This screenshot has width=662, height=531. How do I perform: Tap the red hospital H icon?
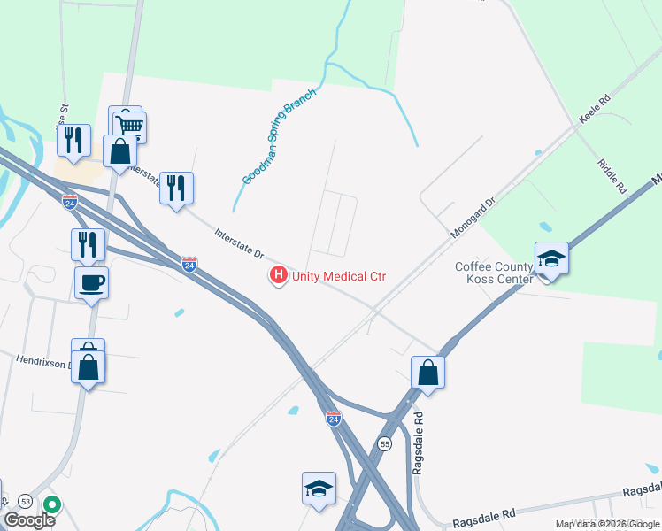[279, 276]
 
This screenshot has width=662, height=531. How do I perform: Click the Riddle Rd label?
[612, 176]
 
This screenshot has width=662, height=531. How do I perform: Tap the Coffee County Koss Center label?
[494, 273]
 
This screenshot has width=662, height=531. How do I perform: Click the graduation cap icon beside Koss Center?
[551, 258]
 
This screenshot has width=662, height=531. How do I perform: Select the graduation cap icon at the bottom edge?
[319, 488]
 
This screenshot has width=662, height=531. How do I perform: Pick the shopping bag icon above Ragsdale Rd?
[428, 373]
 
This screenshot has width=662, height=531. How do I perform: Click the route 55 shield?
[384, 442]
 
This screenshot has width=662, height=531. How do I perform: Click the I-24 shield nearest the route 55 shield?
[333, 418]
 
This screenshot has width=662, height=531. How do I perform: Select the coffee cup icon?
[91, 283]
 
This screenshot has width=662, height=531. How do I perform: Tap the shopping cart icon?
[129, 126]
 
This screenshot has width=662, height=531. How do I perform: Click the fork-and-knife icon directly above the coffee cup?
[88, 244]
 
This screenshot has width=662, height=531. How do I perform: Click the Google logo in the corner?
[28, 520]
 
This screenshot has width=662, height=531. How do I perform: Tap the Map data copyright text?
[607, 524]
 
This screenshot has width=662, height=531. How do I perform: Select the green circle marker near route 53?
[52, 505]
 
